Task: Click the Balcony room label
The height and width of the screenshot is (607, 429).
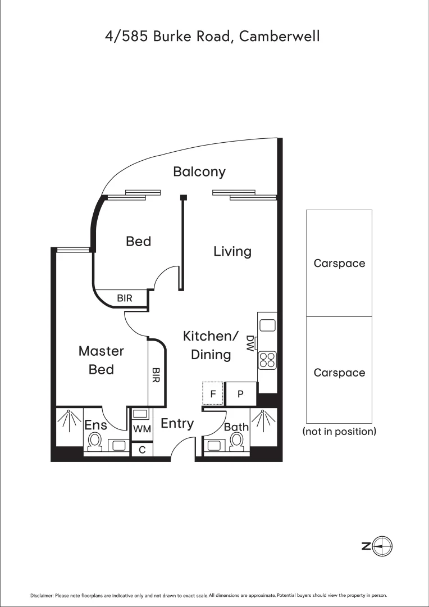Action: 199,171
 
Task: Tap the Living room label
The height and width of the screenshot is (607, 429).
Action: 232,251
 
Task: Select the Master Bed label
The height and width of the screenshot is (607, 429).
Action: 101,360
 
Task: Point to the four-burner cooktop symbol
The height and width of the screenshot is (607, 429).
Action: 267,360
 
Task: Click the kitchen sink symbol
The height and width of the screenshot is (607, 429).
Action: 267,325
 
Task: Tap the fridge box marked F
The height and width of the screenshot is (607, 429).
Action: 213,394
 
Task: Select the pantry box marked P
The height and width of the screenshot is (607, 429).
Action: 240,394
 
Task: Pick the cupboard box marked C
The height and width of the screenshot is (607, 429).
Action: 142,450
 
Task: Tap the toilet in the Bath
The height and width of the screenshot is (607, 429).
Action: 238,441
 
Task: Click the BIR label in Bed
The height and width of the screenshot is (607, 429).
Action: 125,298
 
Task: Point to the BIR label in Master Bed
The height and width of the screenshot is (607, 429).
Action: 156,375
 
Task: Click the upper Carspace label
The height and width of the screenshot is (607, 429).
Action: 339,263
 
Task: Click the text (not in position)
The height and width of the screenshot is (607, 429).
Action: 339,432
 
